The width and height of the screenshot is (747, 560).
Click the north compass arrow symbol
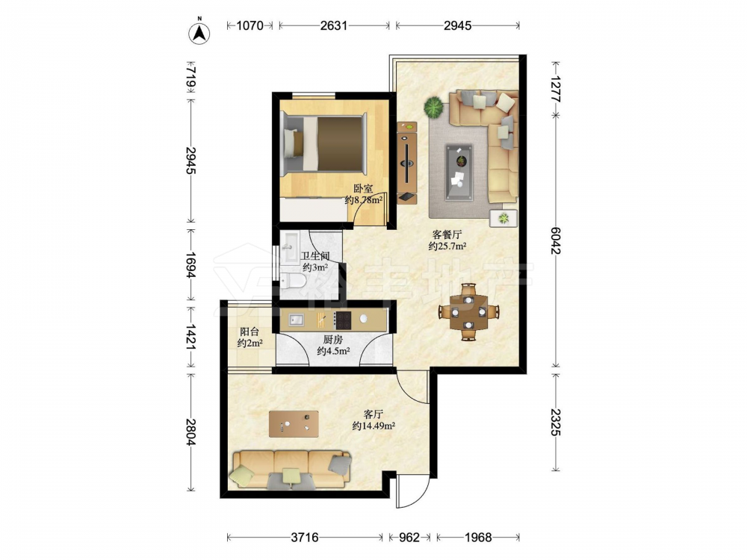[x=199, y=32]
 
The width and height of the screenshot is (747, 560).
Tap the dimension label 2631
[x=333, y=25]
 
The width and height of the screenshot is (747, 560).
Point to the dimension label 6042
[x=555, y=240]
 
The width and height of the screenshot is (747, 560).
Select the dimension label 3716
[x=305, y=538]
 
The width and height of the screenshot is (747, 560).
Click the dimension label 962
[x=409, y=538]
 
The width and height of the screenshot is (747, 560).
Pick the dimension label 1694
[x=190, y=266]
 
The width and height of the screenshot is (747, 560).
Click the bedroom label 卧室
[x=363, y=189]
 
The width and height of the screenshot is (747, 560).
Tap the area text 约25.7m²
[x=447, y=246]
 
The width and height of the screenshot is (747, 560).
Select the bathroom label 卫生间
[x=315, y=256]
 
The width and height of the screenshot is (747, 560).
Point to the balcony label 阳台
[x=249, y=332]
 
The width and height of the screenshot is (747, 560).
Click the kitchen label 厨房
[x=333, y=340]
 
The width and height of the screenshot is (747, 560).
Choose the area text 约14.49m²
[x=373, y=426]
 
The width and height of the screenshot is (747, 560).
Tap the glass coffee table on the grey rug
[x=459, y=172]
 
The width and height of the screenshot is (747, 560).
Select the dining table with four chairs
[x=469, y=312]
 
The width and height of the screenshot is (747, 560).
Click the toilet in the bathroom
[x=293, y=282]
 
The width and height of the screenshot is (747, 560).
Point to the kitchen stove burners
[x=342, y=320]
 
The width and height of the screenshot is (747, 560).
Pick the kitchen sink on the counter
[x=297, y=319]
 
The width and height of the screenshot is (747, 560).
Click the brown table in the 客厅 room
[x=294, y=424]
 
